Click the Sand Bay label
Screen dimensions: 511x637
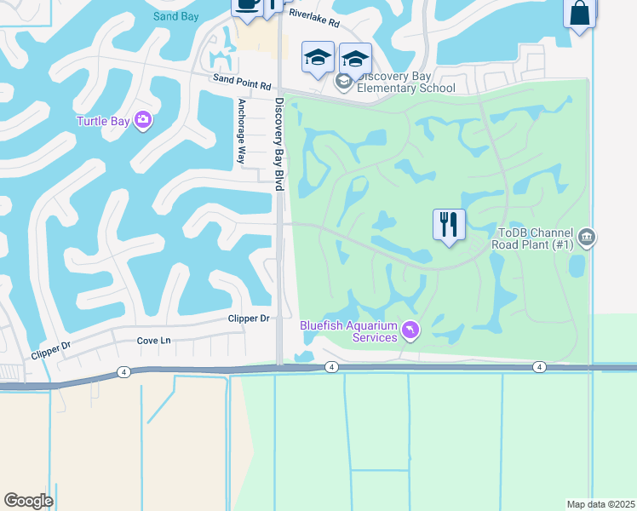pos(177,16)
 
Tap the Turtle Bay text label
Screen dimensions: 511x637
pos(102,121)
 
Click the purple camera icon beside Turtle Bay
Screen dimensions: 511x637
pos(142,121)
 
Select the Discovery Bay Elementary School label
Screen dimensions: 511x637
pos(406,82)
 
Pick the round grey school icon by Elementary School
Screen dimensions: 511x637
pos(344,82)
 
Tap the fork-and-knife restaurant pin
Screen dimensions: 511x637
pos(449,225)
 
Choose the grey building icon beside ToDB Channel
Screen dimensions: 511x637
pos(586,238)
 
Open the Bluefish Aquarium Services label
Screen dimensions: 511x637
pos(348,331)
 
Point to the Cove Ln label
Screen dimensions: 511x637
pos(154,340)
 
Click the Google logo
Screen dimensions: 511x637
pos(28,501)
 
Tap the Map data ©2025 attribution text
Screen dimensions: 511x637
pos(600,504)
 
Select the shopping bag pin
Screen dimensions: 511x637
pos(580,13)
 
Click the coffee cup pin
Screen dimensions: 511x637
pos(247,5)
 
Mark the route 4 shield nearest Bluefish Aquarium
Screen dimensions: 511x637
pos(331,367)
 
